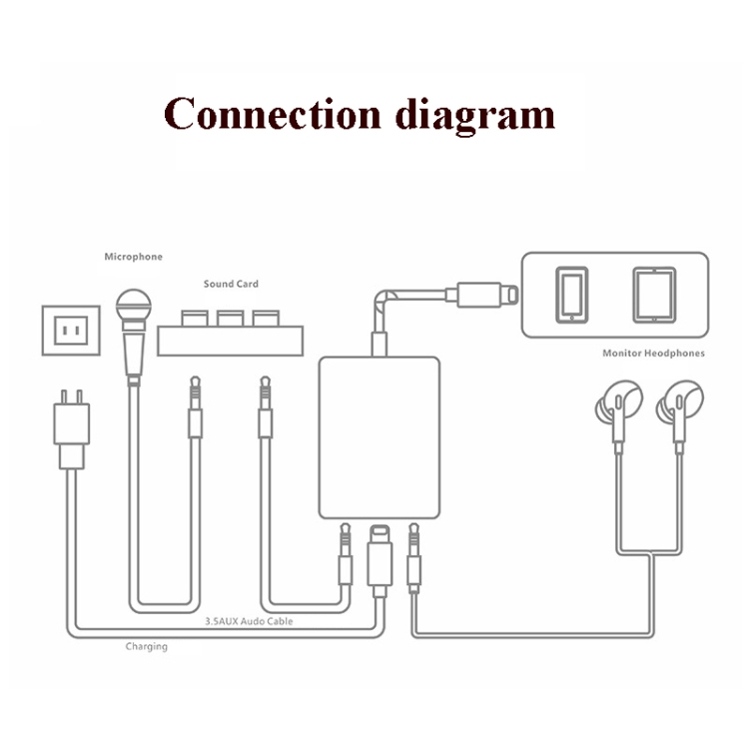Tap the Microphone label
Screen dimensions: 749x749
[x=133, y=257]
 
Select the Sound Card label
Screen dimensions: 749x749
[x=231, y=284]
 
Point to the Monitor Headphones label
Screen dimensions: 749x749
[x=653, y=354]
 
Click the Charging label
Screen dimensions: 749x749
[x=146, y=646]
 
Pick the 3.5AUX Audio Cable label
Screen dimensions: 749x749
[x=249, y=621]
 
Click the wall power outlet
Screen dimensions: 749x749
[x=71, y=329]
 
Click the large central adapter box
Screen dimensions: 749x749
[x=378, y=436]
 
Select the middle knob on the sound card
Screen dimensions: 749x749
[x=231, y=319]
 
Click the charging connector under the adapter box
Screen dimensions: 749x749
[x=379, y=559]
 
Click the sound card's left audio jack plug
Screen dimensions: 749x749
[x=196, y=409]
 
